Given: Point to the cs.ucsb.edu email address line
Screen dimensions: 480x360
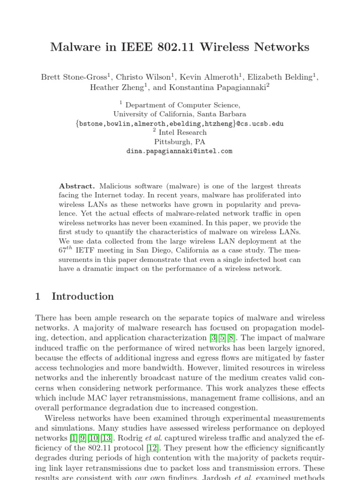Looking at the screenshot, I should (x=180, y=124).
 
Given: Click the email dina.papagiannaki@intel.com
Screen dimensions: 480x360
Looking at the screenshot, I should (x=180, y=151).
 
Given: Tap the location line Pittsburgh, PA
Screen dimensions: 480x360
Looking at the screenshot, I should (x=180, y=142).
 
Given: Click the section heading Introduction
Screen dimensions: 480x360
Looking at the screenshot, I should (x=82, y=296).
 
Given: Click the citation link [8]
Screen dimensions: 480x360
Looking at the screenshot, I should (x=231, y=337).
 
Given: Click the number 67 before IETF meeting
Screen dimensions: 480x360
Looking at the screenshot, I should (x=63, y=250).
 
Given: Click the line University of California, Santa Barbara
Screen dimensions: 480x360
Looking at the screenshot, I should (x=180, y=114).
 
